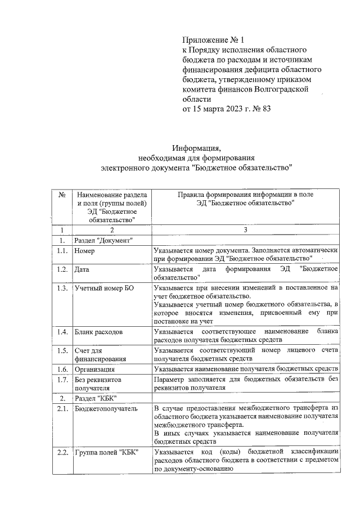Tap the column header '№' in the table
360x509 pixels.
point(62,194)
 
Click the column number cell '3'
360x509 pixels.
point(245,229)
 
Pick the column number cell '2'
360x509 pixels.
point(112,229)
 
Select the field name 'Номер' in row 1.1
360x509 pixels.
point(85,251)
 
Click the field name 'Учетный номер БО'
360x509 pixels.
point(103,288)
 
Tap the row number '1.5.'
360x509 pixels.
point(62,350)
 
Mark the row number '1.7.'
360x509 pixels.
point(62,380)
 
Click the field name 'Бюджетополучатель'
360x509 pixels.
point(106,408)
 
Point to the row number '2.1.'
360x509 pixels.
point(62,408)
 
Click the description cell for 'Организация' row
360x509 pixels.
point(245,370)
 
